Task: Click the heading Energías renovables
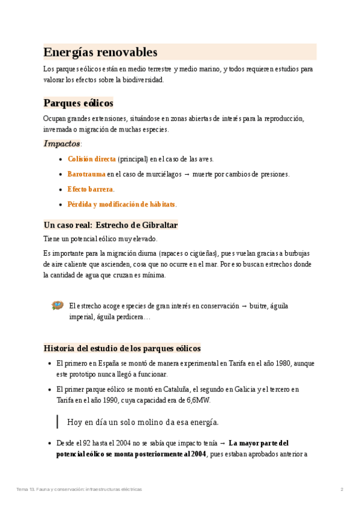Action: (100, 52)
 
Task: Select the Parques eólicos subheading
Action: (78, 103)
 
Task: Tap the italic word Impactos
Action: (62, 144)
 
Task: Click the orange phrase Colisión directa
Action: (92, 159)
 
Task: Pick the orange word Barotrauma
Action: (86, 174)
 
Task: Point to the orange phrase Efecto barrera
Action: (90, 189)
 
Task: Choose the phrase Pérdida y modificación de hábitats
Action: (122, 204)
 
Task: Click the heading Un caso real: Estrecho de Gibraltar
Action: (110, 225)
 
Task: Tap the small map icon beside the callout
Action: (58, 306)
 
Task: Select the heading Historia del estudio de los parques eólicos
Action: (122, 348)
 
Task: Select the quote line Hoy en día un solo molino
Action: (143, 421)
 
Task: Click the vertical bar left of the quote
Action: (57, 421)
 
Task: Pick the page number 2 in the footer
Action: (341, 489)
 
